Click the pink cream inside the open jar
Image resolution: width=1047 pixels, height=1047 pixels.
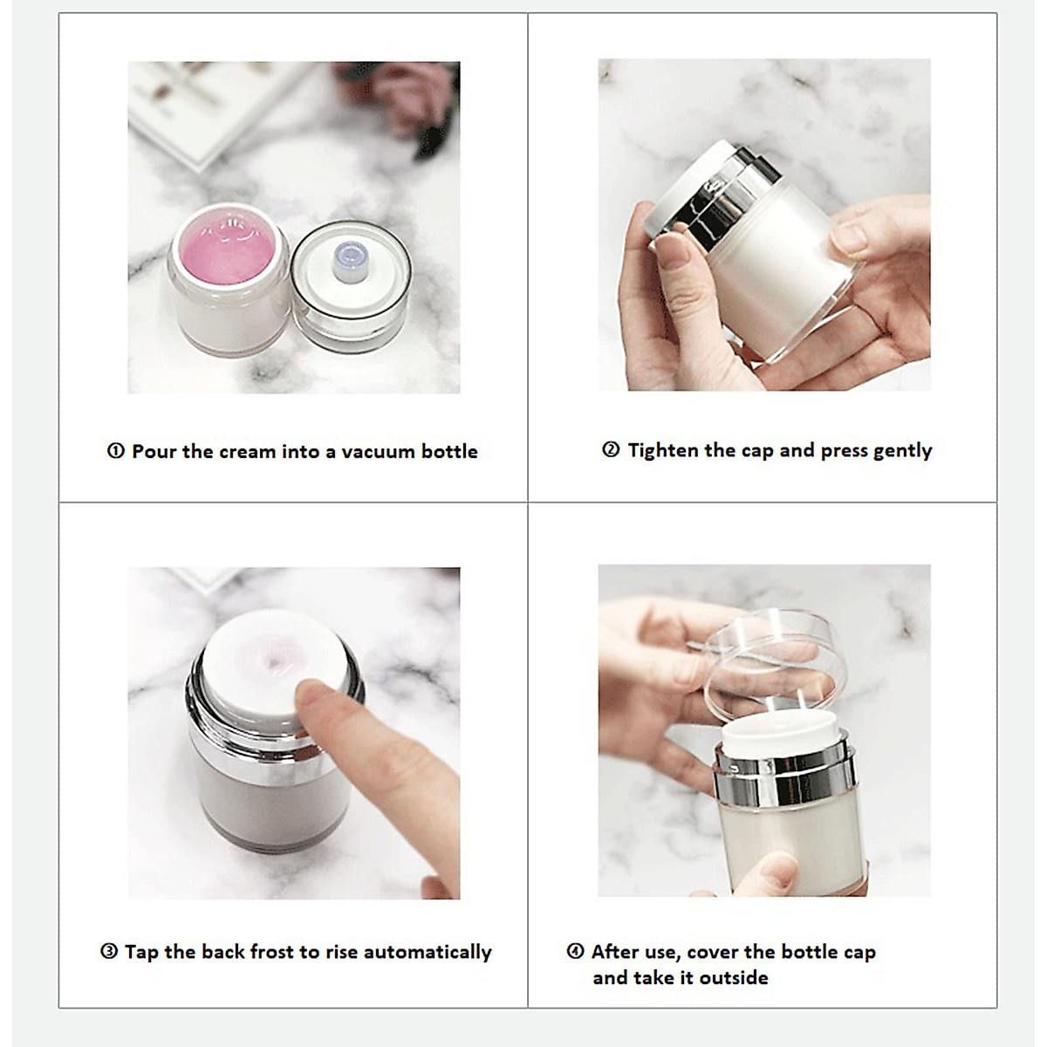(228, 250)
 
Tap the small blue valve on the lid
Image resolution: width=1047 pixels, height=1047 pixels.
(348, 262)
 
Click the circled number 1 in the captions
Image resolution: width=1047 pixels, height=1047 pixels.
(116, 451)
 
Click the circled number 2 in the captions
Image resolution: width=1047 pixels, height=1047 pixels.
(611, 450)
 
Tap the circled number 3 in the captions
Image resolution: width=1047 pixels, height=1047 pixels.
(109, 951)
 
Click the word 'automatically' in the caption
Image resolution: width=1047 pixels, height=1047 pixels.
(427, 952)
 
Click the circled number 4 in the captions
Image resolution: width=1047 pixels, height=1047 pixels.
(575, 951)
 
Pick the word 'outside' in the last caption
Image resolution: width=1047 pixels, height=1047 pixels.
(734, 978)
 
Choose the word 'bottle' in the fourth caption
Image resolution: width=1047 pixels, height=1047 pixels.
(810, 952)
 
